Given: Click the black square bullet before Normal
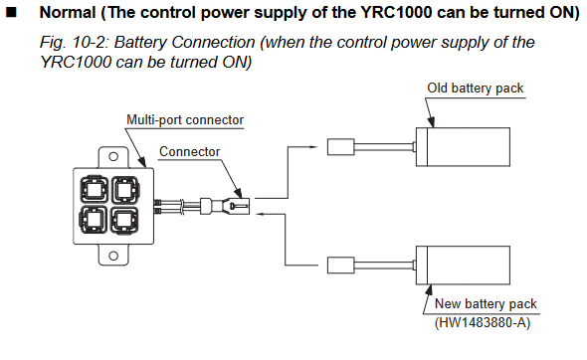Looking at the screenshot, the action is point(12,12).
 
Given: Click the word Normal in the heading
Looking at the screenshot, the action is point(68,12).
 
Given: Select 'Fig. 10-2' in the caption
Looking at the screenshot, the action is point(75,43).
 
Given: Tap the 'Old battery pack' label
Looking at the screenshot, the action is point(475,89).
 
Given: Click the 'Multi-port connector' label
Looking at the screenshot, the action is point(185,120).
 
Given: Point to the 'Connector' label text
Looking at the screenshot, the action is point(189,151).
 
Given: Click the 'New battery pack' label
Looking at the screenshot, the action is point(486,303).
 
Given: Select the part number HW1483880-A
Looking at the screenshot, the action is point(483,322).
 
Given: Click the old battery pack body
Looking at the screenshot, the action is point(463,147).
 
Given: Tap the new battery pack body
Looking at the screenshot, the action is point(463,265).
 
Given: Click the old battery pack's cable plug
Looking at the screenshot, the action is point(340,147).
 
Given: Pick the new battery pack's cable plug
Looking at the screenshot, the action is point(340,265).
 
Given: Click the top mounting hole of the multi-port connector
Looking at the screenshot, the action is point(113,156).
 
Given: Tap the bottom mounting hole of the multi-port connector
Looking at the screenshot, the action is point(113,256).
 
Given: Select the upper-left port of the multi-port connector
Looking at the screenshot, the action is point(94,189).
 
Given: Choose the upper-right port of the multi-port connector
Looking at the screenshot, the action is point(125,189).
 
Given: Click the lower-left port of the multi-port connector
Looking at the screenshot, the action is point(94,220).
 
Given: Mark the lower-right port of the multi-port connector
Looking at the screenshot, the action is point(125,221).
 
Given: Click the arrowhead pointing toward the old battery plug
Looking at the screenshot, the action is point(313,147).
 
